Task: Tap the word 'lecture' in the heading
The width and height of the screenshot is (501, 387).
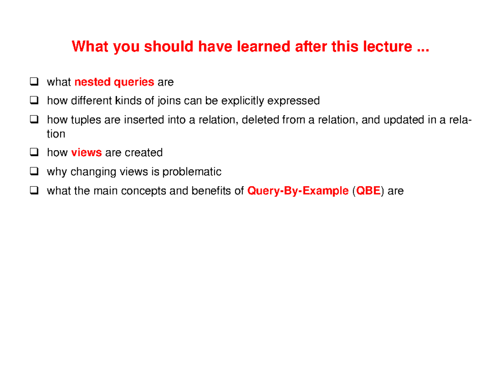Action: (x=384, y=47)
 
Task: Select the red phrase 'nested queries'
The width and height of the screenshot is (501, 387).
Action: (x=114, y=82)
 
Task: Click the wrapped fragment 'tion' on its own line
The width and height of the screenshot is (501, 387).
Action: (x=56, y=134)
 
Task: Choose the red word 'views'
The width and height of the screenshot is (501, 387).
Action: (x=86, y=153)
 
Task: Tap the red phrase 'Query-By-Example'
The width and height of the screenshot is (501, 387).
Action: (x=298, y=191)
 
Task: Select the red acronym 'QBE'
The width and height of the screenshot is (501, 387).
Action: (x=370, y=191)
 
